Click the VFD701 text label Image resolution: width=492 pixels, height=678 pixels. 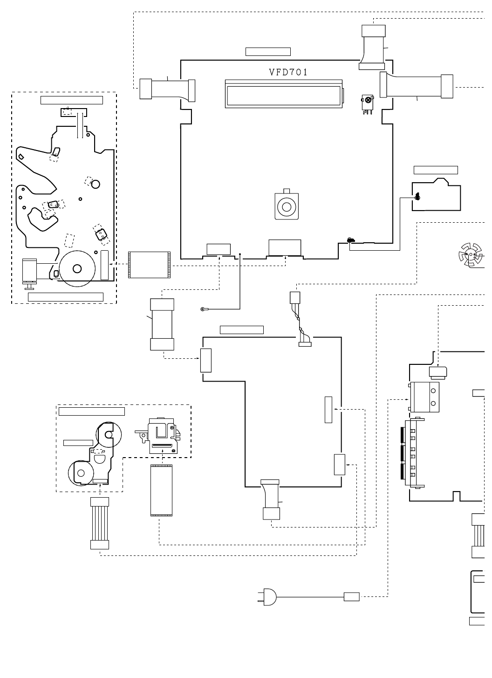288,72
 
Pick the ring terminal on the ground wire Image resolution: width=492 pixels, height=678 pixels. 203,308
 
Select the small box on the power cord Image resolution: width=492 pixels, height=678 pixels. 351,596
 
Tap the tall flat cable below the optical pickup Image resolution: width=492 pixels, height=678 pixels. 161,490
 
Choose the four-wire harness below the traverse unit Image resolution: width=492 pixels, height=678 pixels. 100,523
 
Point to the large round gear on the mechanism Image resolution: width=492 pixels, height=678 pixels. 77,269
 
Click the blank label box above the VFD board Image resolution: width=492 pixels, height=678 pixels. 268,52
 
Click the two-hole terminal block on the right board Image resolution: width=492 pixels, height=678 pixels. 425,397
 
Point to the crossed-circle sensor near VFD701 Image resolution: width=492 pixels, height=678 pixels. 368,100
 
